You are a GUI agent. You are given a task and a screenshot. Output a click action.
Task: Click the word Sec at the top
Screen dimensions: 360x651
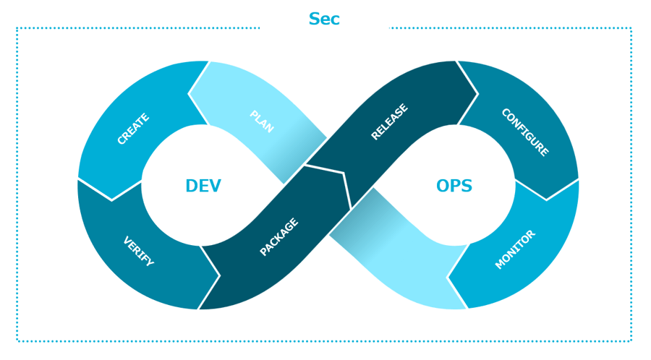click(324, 20)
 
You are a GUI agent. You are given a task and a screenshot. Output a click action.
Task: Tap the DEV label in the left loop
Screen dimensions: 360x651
click(203, 186)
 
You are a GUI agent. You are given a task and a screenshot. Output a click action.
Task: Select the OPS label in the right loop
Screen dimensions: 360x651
click(454, 186)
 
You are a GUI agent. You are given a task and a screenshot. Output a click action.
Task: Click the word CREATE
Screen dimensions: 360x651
click(133, 129)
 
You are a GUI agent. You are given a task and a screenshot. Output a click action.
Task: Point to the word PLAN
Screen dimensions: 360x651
click(261, 121)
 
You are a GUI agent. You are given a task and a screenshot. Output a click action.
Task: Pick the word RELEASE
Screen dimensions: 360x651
click(389, 122)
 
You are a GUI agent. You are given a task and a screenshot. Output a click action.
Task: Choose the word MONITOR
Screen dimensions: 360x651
click(516, 249)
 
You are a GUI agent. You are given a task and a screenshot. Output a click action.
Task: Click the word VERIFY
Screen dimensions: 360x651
click(138, 252)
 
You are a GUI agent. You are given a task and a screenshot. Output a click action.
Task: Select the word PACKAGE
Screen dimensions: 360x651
click(278, 237)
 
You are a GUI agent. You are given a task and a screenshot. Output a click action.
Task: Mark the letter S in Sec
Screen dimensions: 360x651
click(315, 20)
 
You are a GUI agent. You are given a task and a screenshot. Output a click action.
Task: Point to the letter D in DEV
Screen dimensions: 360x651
click(192, 186)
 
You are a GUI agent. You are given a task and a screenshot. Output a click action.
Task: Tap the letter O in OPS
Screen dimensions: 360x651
click(443, 186)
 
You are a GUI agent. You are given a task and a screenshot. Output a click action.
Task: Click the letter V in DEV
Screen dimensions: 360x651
click(215, 186)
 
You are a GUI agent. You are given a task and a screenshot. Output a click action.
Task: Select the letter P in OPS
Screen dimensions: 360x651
click(455, 186)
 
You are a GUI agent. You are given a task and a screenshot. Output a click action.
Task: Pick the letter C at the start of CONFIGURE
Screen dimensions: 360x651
click(505, 113)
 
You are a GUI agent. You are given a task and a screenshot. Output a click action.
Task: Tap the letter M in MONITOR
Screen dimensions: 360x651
click(500, 265)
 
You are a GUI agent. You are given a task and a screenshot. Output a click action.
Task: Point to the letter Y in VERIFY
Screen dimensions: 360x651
click(150, 263)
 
